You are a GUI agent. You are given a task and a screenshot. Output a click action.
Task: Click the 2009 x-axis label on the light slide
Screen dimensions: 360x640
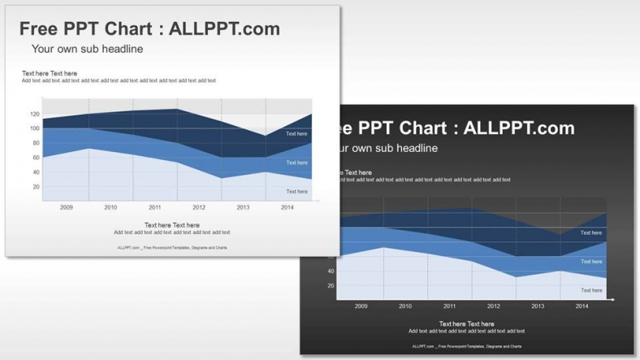point(67,207)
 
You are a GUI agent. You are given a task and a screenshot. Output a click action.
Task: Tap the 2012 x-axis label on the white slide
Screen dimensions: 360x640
point(199,207)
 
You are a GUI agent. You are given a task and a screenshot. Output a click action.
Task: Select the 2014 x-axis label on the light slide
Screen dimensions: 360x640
point(288,207)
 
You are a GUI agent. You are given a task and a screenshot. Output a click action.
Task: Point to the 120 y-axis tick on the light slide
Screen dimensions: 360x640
point(35,114)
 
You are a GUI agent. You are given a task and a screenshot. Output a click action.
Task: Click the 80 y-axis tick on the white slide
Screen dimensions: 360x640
point(35,143)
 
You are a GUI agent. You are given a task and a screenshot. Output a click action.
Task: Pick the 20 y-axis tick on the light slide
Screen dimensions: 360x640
point(35,187)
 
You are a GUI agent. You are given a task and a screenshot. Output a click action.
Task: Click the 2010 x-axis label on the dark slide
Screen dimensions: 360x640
point(405,306)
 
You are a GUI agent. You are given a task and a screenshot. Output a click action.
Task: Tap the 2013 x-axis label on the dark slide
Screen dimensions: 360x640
point(538,306)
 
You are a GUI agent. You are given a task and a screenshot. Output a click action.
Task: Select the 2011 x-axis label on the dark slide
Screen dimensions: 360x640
point(450,306)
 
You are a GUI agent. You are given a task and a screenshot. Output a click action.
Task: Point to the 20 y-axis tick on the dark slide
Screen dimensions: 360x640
point(331,286)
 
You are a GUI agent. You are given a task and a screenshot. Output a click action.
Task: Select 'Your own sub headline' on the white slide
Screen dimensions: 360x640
point(87,50)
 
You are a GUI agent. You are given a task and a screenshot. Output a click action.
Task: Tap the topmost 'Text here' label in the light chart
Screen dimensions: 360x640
point(296,133)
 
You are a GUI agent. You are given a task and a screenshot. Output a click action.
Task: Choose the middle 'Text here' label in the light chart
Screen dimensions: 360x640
point(296,163)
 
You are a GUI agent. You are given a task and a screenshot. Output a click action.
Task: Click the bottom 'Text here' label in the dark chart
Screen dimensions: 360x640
point(591,290)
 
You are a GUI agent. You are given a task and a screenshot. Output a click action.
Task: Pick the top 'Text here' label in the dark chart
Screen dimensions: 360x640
point(591,232)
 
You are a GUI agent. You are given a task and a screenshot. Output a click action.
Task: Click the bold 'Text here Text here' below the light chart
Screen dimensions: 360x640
point(171,225)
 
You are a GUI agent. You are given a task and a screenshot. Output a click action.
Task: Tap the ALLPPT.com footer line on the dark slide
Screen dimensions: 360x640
point(466,346)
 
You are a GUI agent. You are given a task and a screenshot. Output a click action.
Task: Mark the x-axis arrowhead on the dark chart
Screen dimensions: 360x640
point(612,300)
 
